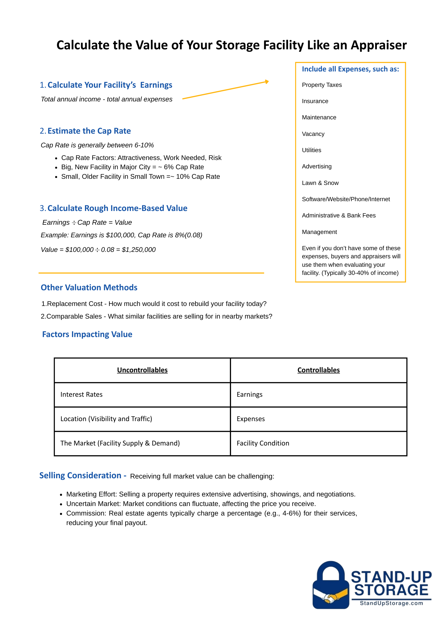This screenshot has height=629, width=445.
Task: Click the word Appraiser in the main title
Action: tap(379, 45)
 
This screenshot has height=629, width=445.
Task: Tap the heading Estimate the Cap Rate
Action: tap(89, 131)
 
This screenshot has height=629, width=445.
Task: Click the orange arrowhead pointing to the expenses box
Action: tap(267, 82)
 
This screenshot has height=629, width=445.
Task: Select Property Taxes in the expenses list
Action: tap(322, 85)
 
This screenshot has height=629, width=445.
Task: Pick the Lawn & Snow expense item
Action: tap(320, 183)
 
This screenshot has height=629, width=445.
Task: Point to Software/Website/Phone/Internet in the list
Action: tap(346, 199)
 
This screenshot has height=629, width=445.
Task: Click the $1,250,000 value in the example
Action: tap(139, 250)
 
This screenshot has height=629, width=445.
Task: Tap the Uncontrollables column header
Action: tap(142, 370)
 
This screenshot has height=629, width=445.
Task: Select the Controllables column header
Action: tap(318, 370)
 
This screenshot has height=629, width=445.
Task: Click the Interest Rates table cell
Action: tap(81, 394)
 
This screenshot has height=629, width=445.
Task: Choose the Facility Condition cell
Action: tap(263, 443)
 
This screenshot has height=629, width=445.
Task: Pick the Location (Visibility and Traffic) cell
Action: tap(106, 419)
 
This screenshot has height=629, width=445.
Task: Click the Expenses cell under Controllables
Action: tap(251, 419)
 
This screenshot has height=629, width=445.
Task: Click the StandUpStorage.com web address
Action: tap(391, 603)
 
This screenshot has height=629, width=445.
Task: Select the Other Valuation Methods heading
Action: tap(89, 287)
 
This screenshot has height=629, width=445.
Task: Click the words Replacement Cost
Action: tap(75, 304)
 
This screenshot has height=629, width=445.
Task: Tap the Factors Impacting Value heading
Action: tap(87, 334)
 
